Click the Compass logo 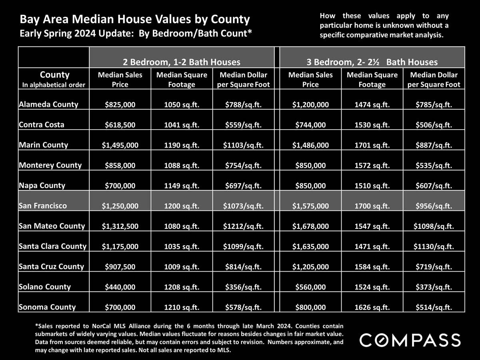(x=410, y=340)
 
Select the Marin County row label (x=43, y=145)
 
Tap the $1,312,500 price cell (x=120, y=226)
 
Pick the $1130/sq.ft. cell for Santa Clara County (x=434, y=247)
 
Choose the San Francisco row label (x=43, y=206)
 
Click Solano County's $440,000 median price (x=120, y=287)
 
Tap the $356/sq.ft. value (x=242, y=287)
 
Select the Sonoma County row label (x=47, y=307)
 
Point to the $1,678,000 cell (x=310, y=226)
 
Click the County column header (x=54, y=75)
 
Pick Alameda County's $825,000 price (x=120, y=105)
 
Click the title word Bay (x=29, y=19)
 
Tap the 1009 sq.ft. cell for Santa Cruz (x=181, y=267)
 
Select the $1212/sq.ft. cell (x=242, y=226)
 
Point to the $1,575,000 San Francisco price (x=310, y=206)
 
